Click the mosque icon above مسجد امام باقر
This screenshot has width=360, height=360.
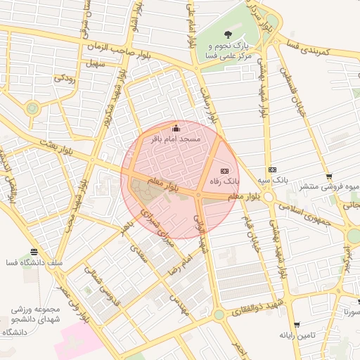coord(176,128)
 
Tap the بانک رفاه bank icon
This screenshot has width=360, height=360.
coord(224,170)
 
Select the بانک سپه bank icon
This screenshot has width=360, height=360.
coord(272,169)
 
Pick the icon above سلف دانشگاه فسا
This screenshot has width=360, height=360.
coord(34,252)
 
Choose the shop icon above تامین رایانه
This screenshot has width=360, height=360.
coord(297,324)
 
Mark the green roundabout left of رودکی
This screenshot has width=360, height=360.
coord(32,108)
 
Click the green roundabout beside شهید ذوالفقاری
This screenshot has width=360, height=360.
coord(219,314)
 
